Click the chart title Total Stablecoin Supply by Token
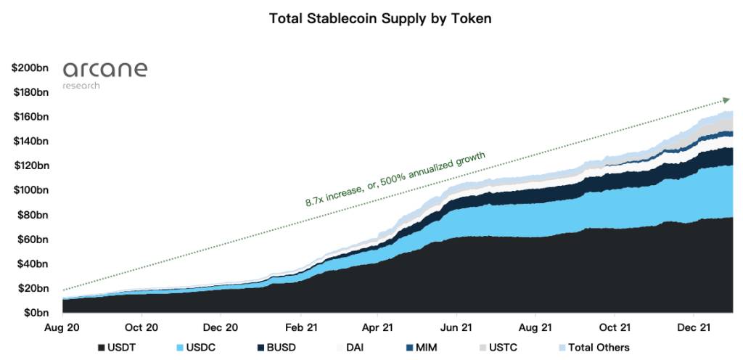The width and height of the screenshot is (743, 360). tap(380, 19)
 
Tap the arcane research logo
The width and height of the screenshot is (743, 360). tap(105, 75)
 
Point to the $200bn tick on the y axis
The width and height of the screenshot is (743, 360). tap(30, 67)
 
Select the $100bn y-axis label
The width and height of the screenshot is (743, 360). tap(30, 190)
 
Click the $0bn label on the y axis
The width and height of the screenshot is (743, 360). tap(34, 313)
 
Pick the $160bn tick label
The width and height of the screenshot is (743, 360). tap(30, 117)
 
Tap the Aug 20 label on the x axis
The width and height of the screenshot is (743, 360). tap(63, 327)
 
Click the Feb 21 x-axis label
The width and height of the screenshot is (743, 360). tap(300, 327)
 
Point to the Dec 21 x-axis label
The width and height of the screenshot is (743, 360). tap(693, 327)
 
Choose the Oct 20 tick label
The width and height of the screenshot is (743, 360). tap(141, 327)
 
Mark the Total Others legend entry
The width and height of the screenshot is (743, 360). tap(592, 348)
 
